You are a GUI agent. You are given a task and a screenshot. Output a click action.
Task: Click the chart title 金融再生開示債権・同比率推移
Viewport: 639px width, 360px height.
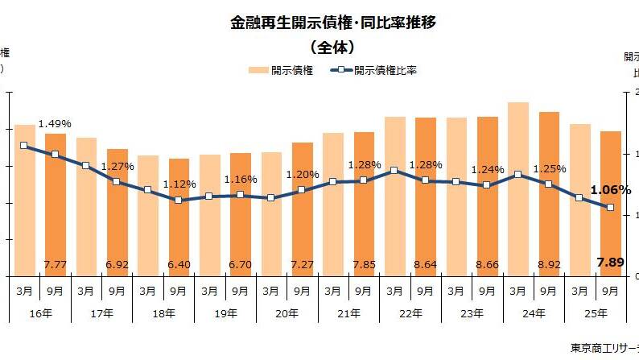(332, 23)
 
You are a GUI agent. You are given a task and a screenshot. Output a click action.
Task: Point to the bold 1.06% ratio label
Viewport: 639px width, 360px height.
(610, 191)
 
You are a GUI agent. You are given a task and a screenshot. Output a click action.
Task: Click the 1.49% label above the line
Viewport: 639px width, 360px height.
(55, 124)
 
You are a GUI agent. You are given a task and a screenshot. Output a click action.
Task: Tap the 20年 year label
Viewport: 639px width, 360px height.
(287, 312)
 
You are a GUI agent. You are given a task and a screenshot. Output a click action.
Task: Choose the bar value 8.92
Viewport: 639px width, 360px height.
(548, 263)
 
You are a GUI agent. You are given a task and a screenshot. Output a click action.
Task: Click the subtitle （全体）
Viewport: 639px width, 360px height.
(332, 46)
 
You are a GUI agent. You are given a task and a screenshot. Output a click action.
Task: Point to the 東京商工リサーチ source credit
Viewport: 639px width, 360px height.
(604, 349)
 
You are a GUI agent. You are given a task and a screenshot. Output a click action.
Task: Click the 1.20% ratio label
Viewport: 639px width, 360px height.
(302, 175)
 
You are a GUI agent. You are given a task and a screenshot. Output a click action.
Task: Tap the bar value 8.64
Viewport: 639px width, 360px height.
(425, 263)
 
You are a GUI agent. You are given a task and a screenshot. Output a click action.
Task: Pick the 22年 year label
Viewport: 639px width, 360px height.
(410, 312)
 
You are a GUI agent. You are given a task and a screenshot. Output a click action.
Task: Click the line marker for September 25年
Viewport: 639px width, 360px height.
(610, 208)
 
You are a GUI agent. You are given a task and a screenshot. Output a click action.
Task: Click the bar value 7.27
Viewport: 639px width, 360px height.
(302, 263)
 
